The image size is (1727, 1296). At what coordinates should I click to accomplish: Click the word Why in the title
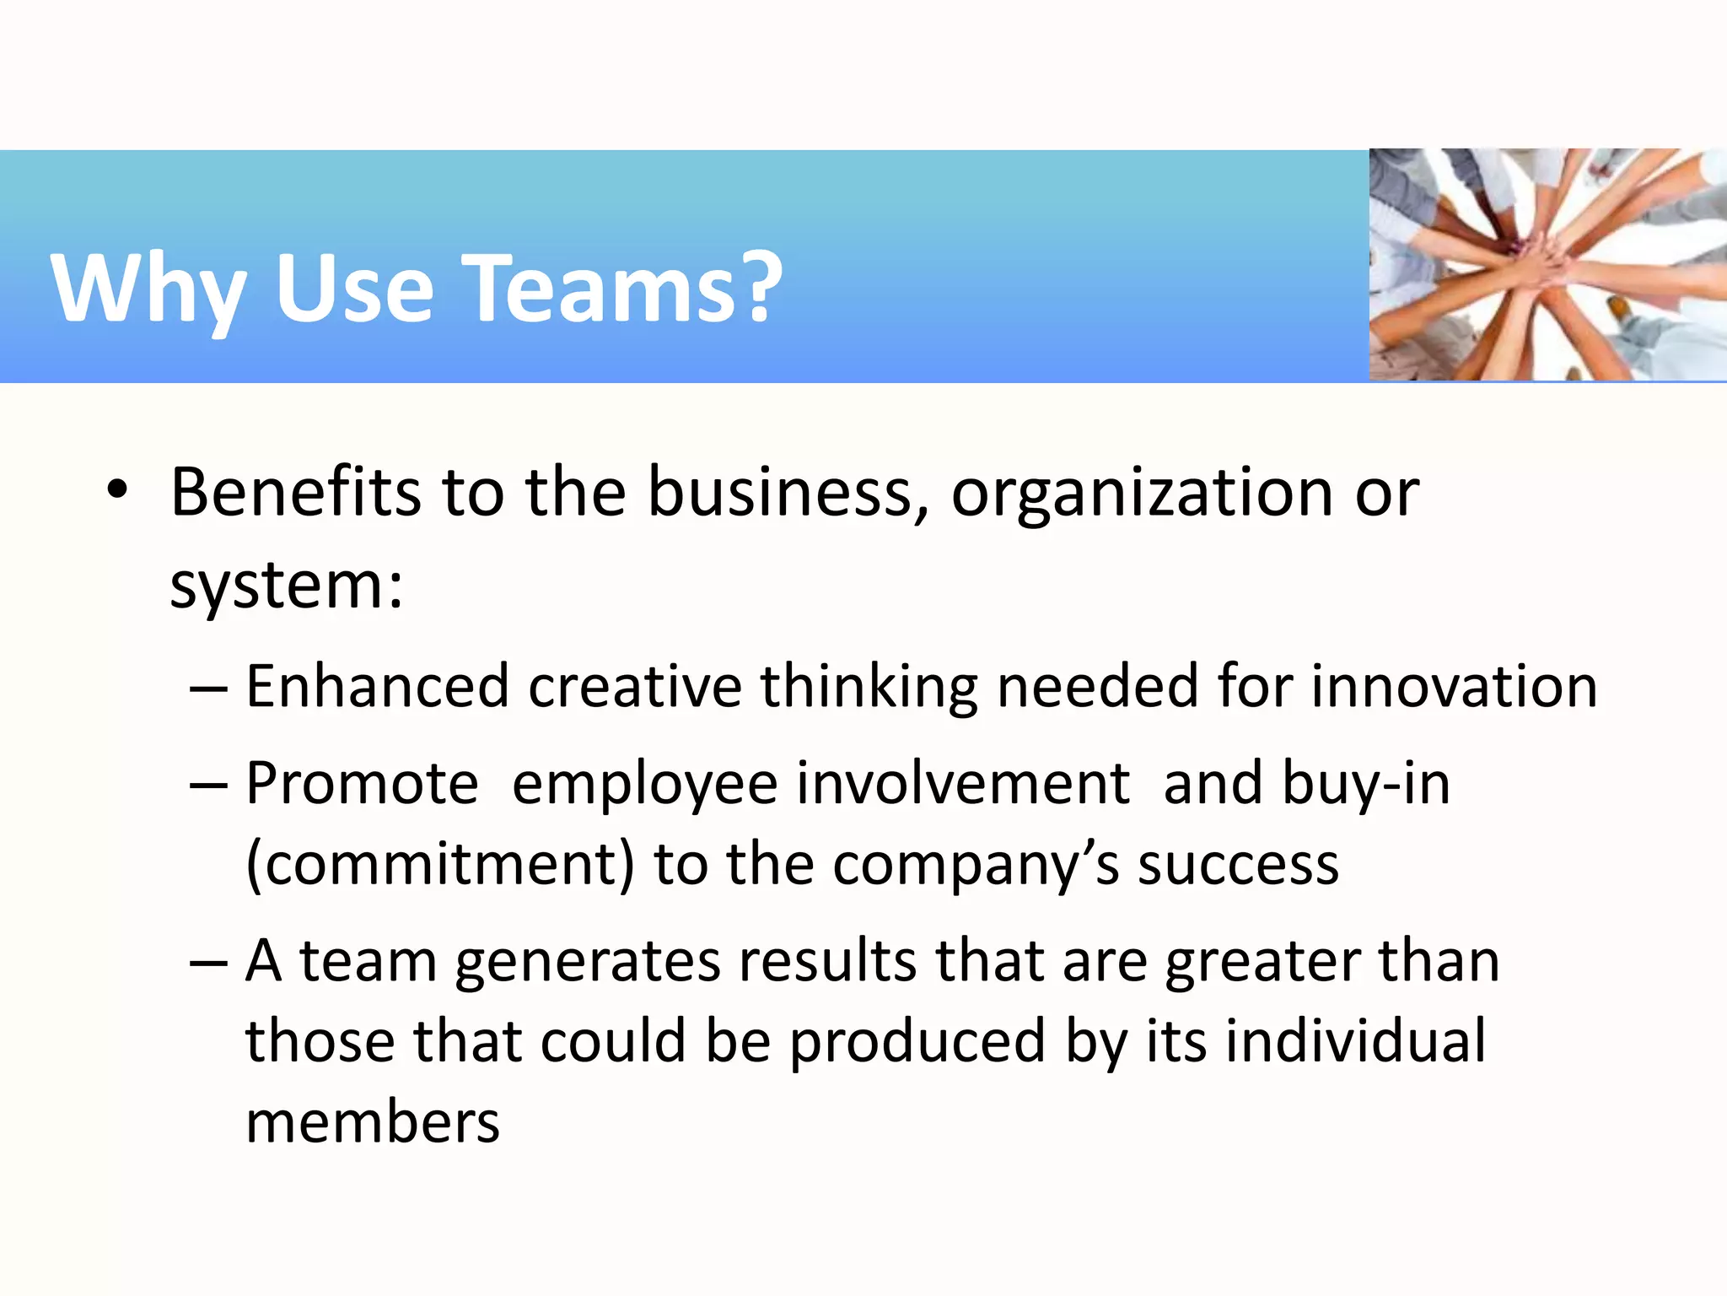148,289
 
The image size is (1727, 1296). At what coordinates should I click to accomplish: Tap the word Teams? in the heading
625,289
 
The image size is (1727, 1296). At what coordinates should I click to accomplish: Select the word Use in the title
354,289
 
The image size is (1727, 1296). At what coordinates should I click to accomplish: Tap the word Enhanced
377,686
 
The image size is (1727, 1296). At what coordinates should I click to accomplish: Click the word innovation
1454,686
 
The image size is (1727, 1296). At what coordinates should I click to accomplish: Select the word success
1238,865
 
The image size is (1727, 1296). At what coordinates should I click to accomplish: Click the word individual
1355,1041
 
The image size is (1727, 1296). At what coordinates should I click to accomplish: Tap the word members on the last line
373,1122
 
